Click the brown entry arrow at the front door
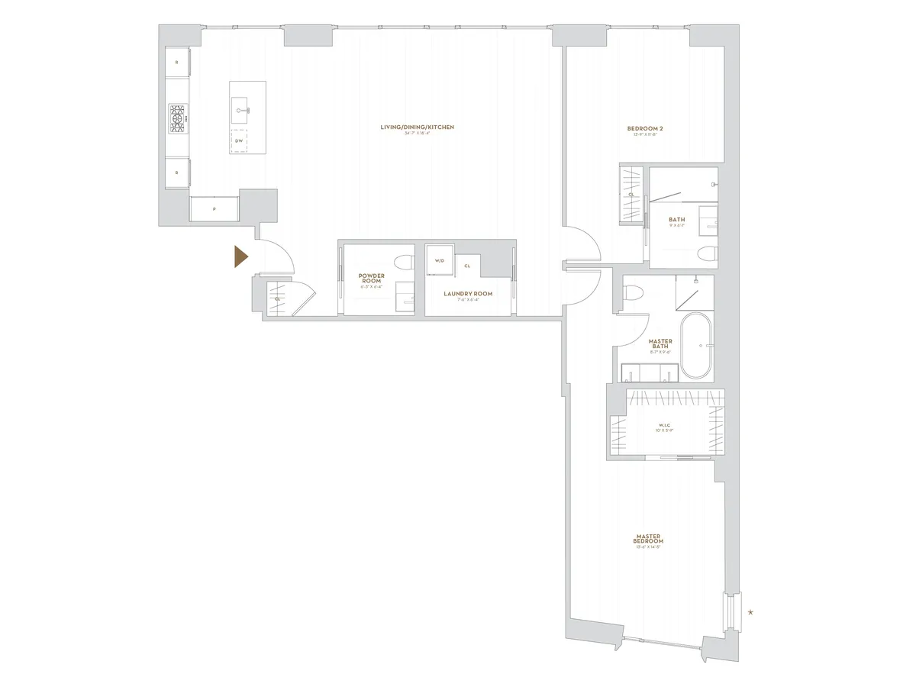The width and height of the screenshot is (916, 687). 240,257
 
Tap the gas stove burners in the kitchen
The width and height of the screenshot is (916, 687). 178,119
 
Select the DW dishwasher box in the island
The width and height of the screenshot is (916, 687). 240,141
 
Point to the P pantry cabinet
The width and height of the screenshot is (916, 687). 214,208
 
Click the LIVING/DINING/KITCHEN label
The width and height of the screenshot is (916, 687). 418,127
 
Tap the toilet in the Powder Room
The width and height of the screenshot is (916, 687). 404,262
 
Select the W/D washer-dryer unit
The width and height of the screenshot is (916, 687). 439,260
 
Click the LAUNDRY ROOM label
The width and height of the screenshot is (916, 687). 468,293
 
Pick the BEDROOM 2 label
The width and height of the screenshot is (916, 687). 645,128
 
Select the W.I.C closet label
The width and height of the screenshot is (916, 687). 663,426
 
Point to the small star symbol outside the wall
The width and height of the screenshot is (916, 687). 751,612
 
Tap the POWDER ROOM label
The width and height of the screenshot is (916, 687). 371,278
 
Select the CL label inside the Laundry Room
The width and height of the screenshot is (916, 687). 466,266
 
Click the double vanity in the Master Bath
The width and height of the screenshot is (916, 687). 650,373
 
